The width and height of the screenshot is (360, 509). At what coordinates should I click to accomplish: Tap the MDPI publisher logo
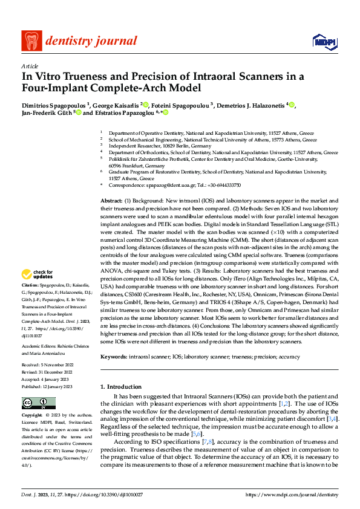click(x=324, y=42)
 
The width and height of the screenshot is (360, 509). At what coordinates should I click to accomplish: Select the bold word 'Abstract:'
click(x=111, y=200)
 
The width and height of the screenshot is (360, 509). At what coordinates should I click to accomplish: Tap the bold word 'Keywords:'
click(x=113, y=358)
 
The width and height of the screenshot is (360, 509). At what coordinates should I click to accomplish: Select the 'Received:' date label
click(x=32, y=366)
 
